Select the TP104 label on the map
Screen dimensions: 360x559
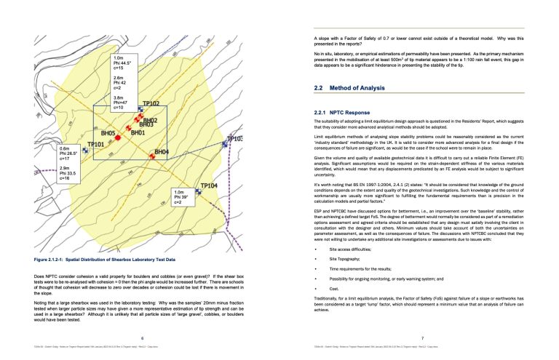point(209,186)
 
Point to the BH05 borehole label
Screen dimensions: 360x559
point(108,134)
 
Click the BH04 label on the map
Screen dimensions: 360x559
point(161,152)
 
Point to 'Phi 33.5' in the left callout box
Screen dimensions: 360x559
point(69,173)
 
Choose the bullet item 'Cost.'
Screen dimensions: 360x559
point(336,308)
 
